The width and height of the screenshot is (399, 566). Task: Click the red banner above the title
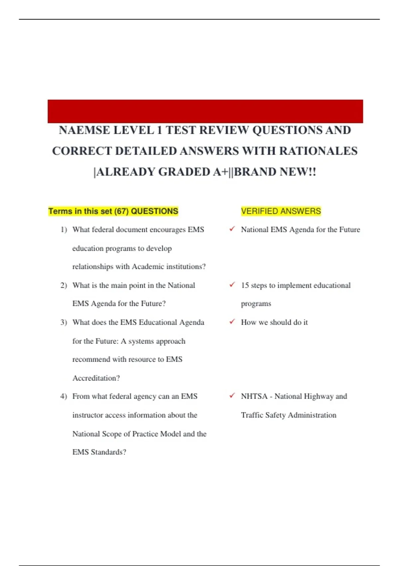point(205,111)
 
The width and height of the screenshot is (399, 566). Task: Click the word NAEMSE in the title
point(84,130)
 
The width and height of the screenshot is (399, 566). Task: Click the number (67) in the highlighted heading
point(121,211)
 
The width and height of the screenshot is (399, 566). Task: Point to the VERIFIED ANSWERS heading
point(281,211)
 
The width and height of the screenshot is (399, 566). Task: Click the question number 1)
point(64,230)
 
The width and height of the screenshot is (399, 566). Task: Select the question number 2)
point(64,285)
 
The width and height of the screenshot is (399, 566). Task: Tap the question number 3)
point(64,322)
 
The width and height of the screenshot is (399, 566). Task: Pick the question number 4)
point(64,397)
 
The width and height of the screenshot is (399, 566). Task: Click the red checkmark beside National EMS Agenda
point(232,229)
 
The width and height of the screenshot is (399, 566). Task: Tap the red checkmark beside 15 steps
point(232,285)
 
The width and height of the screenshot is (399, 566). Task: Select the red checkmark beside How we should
point(232,322)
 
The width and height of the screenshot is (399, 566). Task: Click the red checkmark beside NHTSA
point(232,396)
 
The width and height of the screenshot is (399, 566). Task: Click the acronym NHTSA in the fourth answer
point(254,397)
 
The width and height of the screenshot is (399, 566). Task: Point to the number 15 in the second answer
point(245,285)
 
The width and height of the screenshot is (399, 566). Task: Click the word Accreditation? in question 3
point(96,378)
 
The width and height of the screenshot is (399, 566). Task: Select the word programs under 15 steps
point(256,304)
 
